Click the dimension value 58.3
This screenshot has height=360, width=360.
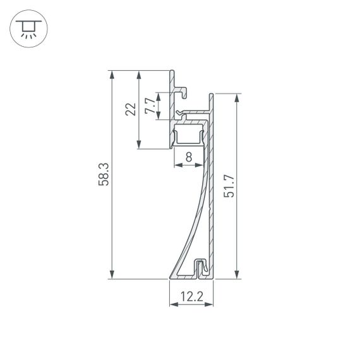point(105,174)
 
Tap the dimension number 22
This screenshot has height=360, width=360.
point(131,109)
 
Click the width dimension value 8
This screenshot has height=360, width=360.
point(189,159)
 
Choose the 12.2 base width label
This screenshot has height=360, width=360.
point(191,296)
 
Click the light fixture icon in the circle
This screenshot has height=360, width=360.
point(27,28)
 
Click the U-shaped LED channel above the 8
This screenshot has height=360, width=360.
point(189,135)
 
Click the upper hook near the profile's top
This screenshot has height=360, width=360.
point(182,92)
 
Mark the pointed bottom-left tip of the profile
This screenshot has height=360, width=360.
point(171,277)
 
